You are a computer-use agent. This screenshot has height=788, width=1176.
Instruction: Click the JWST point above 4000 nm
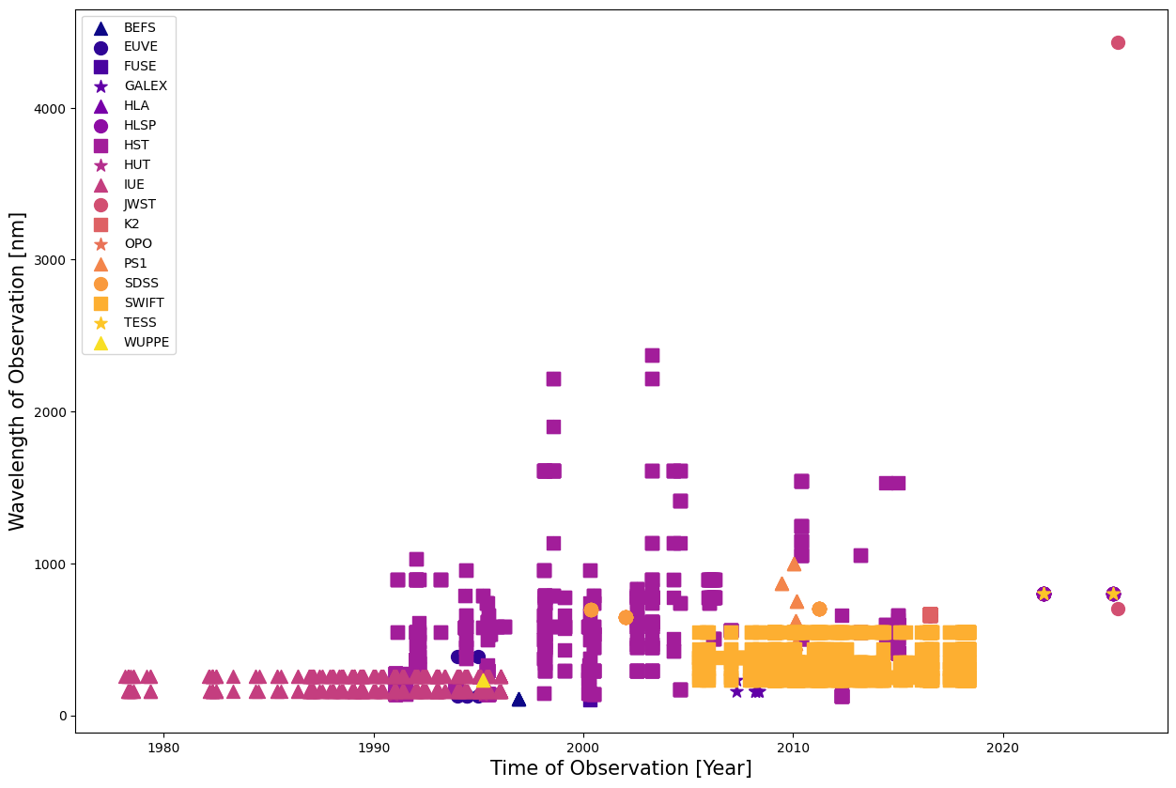pos(1118,42)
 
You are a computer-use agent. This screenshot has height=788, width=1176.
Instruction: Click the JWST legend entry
pos(139,204)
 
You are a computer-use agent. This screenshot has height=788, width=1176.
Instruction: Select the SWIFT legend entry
pos(144,302)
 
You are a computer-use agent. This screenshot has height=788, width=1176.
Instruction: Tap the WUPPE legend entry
pos(146,342)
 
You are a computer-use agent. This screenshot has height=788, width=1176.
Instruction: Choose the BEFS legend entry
pos(139,27)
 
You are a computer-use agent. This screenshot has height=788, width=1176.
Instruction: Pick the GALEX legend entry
pos(145,85)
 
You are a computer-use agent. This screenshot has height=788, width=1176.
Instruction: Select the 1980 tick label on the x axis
pos(163,747)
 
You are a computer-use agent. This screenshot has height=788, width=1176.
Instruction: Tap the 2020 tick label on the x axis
pos(1003,747)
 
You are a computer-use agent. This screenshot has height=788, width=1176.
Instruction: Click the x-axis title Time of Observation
pos(621,768)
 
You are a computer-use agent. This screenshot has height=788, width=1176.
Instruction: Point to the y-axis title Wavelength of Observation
pos(17,371)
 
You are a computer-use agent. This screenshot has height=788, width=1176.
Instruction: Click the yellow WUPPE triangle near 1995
pos(483,679)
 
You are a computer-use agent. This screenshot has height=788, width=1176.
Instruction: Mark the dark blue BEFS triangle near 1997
pos(518,699)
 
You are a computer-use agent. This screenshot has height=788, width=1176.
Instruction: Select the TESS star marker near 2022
pos(1044,594)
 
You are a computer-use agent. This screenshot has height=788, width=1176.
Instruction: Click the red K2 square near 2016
pos(930,615)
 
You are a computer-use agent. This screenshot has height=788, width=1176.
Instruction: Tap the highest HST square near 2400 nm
pos(652,355)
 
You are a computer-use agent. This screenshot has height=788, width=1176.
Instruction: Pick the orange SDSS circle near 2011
pos(819,609)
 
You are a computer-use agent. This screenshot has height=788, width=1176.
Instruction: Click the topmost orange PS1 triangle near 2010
pos(794,564)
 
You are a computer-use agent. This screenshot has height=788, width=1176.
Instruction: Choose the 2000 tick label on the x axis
pos(583,747)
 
